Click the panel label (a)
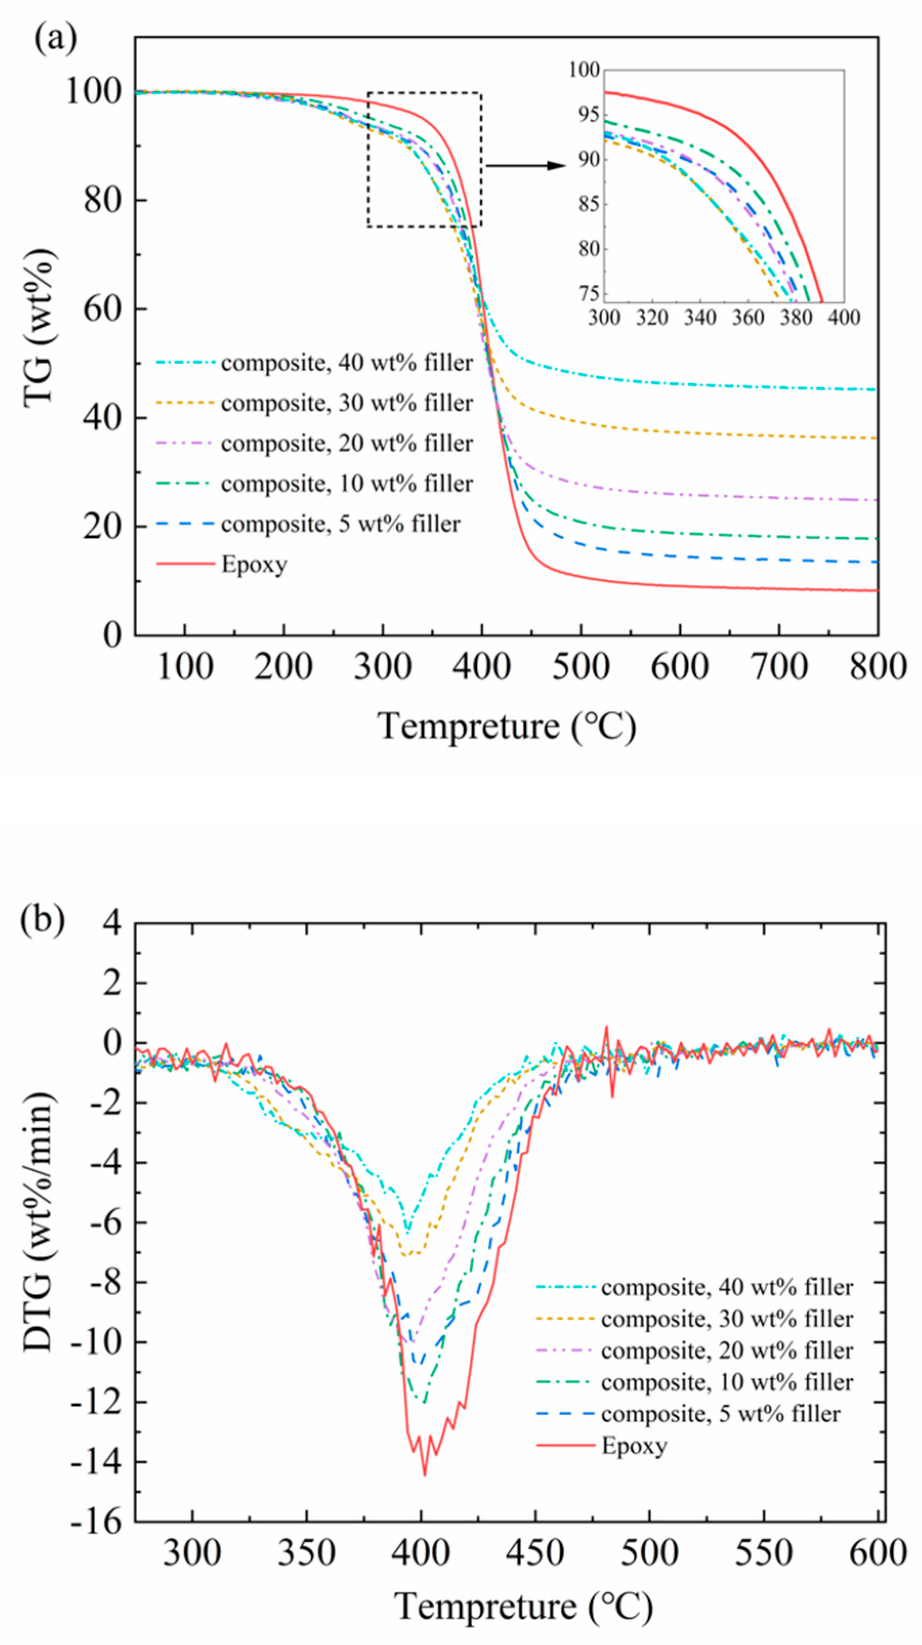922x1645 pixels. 56,39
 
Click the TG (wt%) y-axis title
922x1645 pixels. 39,328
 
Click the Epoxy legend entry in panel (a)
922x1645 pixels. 254,564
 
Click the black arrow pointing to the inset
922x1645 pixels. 525,166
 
